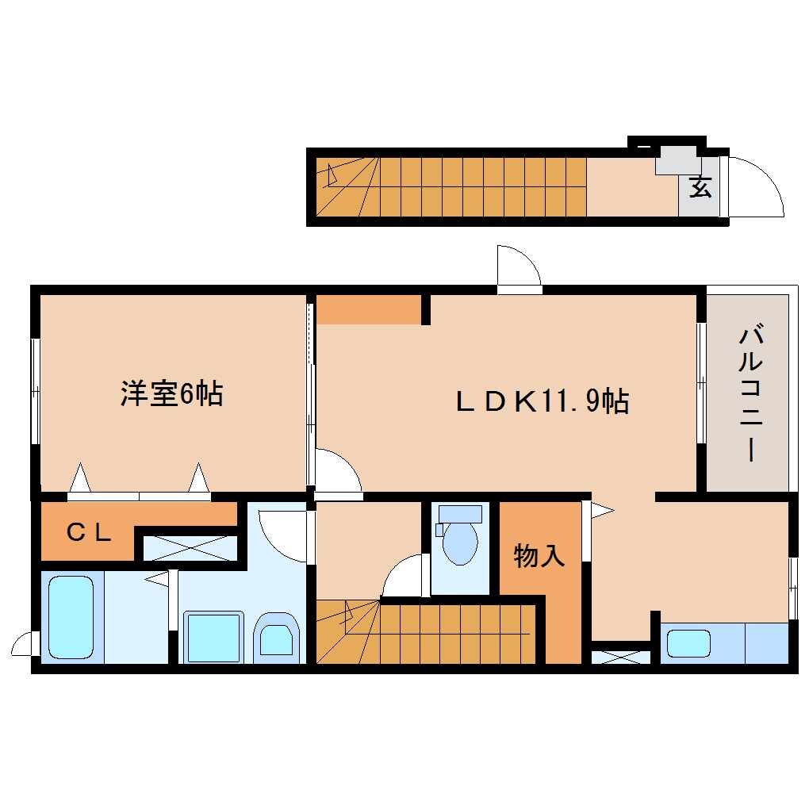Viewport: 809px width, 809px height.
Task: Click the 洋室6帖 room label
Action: click(x=171, y=394)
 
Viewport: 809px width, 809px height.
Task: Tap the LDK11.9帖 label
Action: click(x=542, y=401)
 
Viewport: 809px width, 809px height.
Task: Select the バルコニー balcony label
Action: click(x=749, y=393)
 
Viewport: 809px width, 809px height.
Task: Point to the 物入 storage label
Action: click(x=539, y=556)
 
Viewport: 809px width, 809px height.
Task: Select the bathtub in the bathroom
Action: click(x=71, y=617)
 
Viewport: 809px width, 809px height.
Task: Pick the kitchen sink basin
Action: click(x=688, y=642)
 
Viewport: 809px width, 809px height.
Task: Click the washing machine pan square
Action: click(x=212, y=636)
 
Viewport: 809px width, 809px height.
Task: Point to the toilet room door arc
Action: click(x=407, y=575)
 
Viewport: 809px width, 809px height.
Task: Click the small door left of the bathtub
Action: click(x=25, y=643)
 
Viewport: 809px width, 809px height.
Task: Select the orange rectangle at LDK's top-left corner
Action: click(x=368, y=309)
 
